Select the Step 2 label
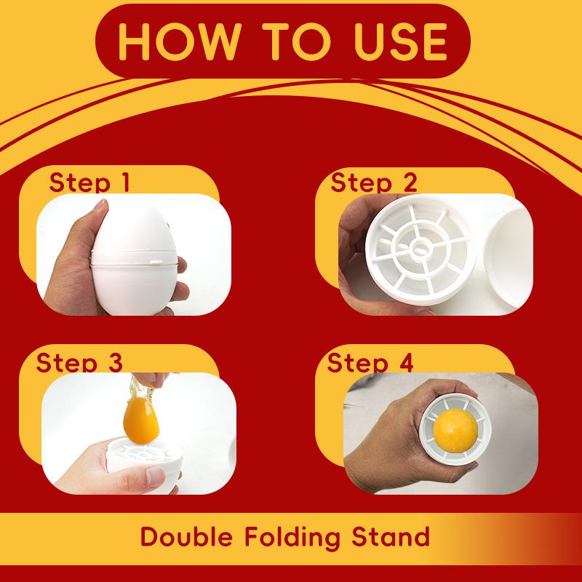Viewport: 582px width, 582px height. [373, 182]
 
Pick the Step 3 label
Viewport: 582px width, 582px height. [79, 362]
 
